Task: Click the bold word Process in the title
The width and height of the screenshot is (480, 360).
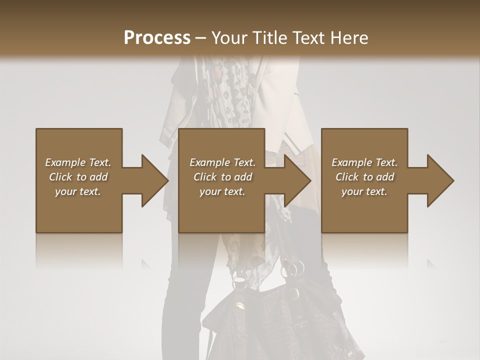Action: click(157, 38)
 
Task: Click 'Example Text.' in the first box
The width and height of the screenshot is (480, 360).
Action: click(78, 162)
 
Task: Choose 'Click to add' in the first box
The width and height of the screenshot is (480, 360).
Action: click(78, 177)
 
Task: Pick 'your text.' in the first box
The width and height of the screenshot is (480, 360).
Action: click(78, 191)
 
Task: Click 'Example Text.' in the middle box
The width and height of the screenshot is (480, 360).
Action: click(222, 162)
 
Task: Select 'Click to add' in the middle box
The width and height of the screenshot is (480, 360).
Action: click(222, 177)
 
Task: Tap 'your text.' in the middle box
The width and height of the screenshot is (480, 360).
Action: click(222, 191)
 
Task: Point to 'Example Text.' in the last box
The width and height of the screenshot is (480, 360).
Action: click(364, 162)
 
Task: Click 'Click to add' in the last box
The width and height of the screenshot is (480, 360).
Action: click(364, 177)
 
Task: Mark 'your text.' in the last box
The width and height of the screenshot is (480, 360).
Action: click(364, 191)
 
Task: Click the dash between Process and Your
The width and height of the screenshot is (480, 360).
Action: click(200, 38)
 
